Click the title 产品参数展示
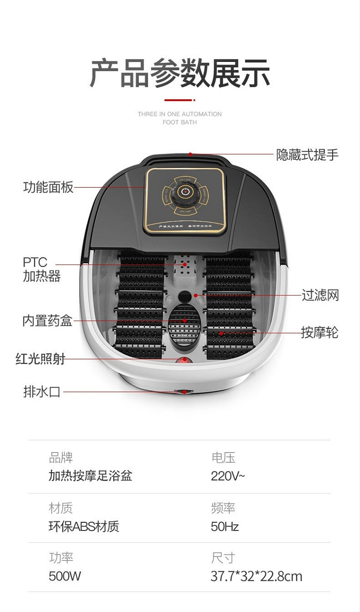180,73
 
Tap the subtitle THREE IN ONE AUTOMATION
180,114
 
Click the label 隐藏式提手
307,155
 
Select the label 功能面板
48,187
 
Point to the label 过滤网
320,295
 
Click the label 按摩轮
320,332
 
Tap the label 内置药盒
48,321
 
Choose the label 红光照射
40,359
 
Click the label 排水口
42,392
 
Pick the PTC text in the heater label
35,263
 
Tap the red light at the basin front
182,360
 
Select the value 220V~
228,476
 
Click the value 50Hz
225,527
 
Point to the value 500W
65,576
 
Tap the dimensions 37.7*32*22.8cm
256,576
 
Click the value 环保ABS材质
84,527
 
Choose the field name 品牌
61,457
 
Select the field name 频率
223,508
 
